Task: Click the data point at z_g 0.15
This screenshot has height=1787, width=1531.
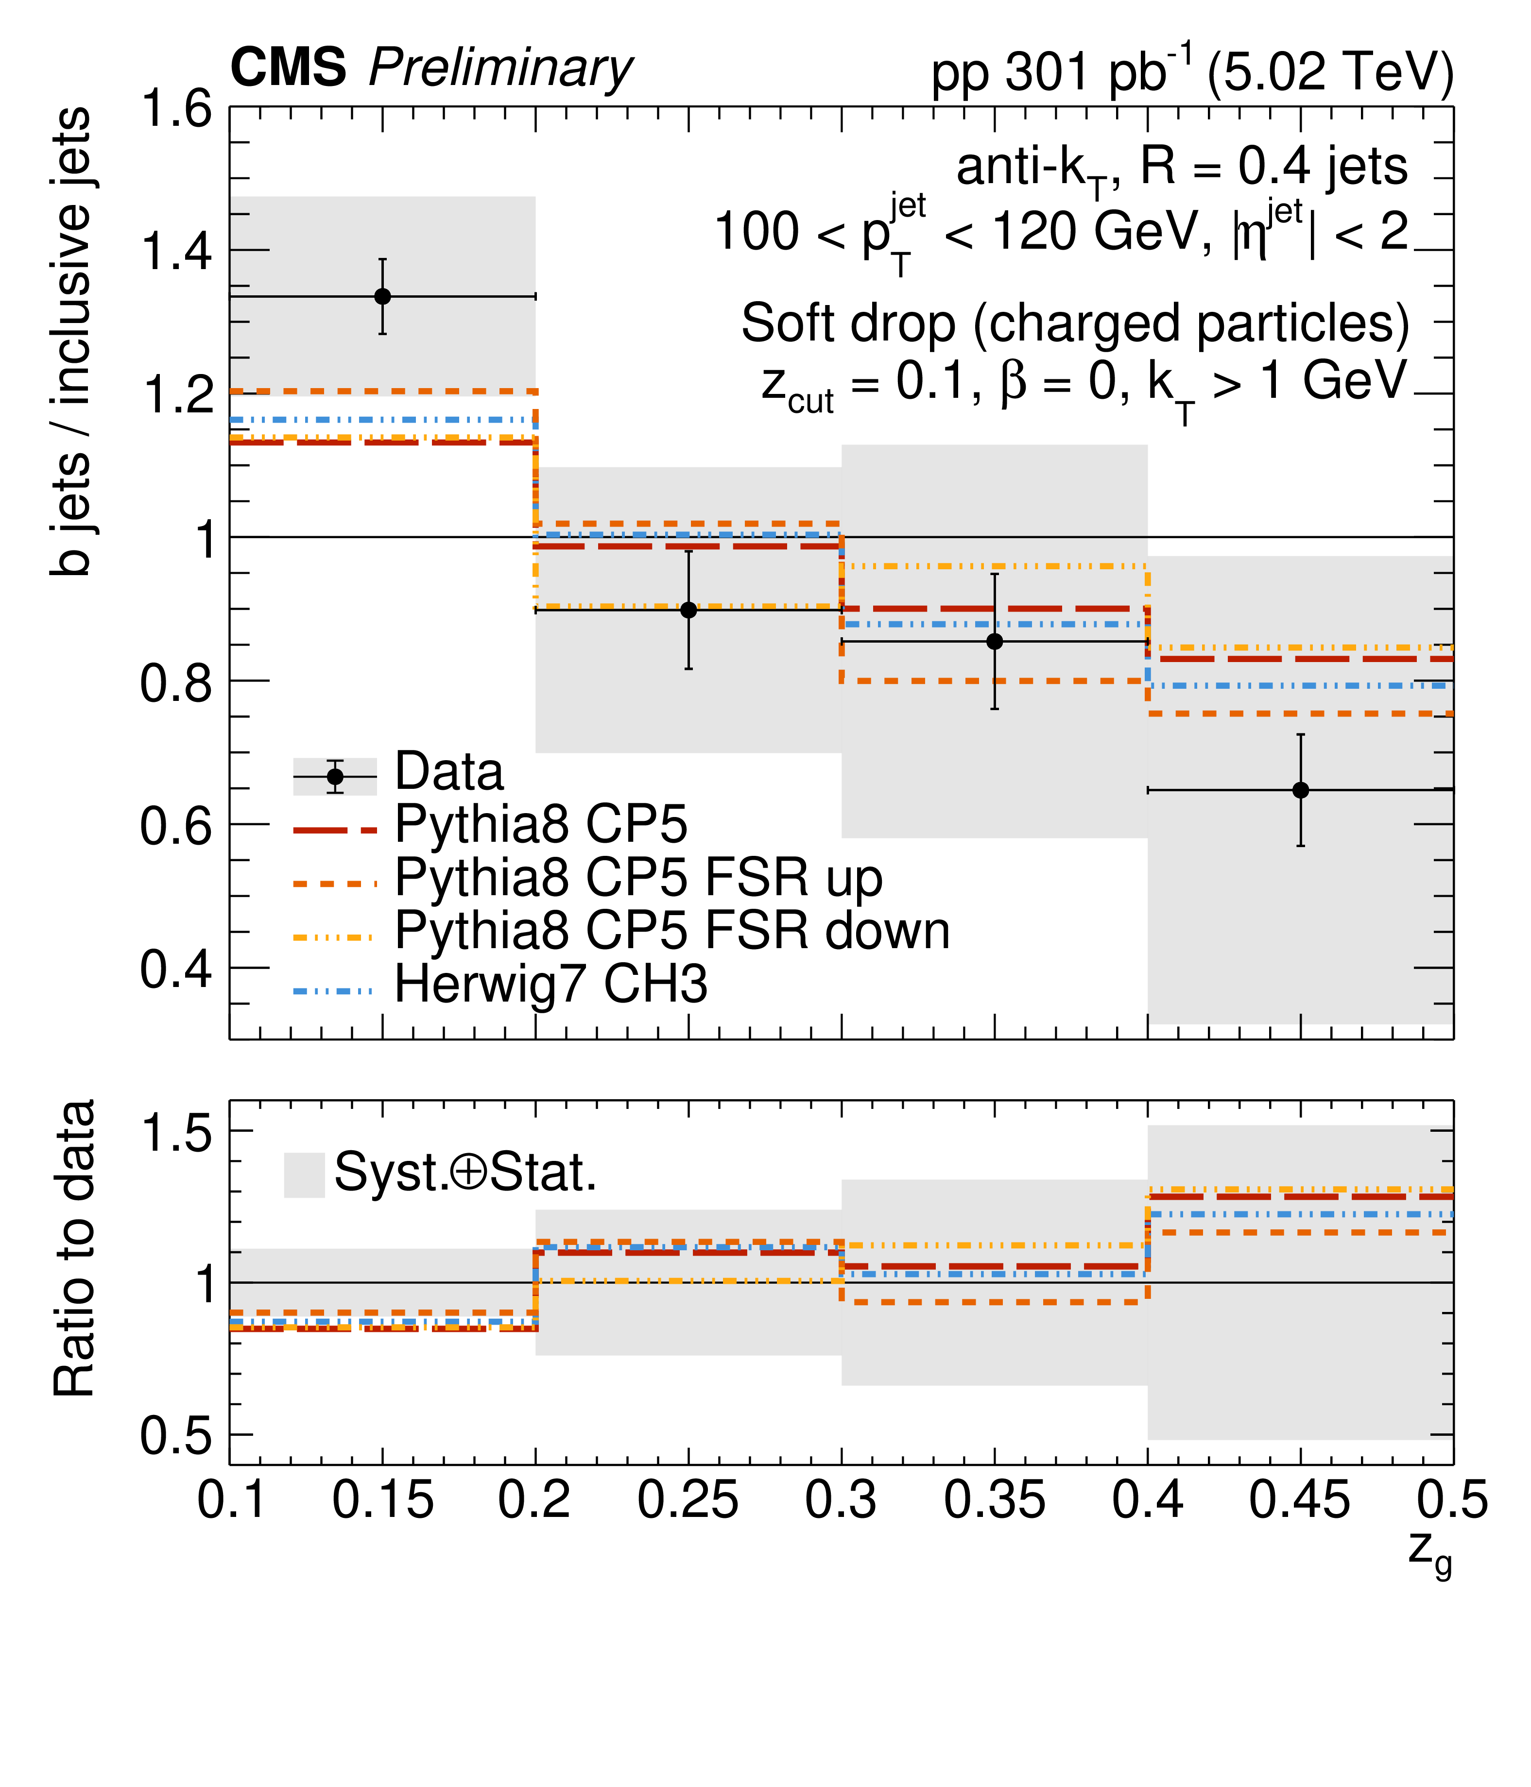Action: (382, 297)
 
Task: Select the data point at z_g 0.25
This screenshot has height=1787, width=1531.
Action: (688, 610)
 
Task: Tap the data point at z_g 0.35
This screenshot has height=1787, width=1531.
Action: (995, 641)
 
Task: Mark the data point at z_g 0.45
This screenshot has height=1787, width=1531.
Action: (1301, 790)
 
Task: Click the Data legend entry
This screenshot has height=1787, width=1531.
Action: (448, 772)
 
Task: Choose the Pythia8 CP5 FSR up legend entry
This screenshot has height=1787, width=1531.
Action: (638, 879)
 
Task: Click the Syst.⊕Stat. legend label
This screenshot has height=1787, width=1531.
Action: (466, 1173)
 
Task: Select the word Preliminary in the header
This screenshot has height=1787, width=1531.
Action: (501, 69)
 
